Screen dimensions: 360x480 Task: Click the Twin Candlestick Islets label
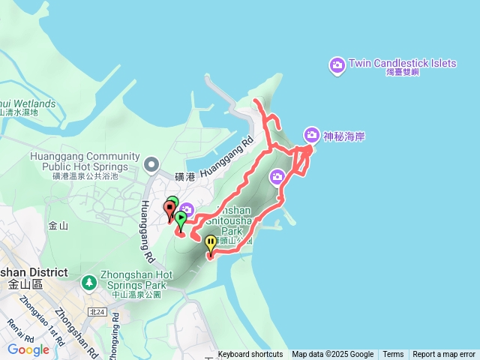click(402, 63)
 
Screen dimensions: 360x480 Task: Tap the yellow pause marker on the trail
click(211, 243)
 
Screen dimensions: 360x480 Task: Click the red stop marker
click(169, 208)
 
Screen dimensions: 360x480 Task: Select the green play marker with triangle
click(180, 219)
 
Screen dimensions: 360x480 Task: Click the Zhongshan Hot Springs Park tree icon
click(89, 283)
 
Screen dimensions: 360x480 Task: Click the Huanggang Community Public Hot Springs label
click(85, 161)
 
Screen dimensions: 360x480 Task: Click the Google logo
click(28, 349)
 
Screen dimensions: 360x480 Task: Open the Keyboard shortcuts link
click(250, 355)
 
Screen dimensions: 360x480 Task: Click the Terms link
click(393, 355)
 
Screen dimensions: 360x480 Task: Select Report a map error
click(444, 355)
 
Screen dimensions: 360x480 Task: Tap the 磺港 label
click(184, 177)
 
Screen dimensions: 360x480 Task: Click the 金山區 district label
click(25, 284)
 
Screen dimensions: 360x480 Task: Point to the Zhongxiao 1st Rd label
click(37, 315)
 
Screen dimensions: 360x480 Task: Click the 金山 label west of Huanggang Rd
click(58, 225)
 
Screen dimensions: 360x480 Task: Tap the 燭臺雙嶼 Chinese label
click(401, 73)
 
